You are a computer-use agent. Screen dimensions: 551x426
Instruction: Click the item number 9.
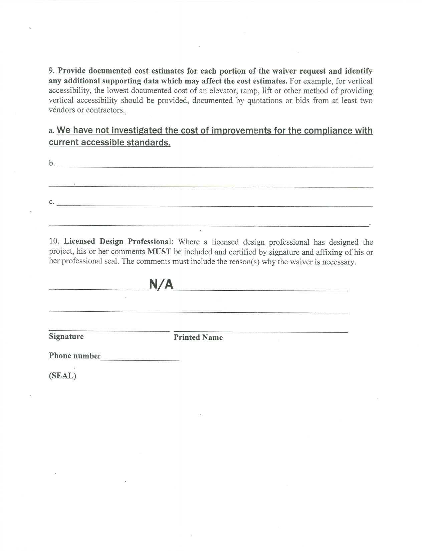tap(51, 71)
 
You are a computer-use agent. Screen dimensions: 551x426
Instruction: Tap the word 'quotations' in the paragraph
tap(264, 100)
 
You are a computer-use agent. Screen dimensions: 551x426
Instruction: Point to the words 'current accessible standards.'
tap(110, 143)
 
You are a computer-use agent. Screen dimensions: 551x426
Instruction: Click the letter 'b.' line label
tap(52, 163)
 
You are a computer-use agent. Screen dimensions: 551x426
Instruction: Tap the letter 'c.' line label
tap(52, 202)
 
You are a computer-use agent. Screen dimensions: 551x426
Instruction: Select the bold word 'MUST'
tap(159, 252)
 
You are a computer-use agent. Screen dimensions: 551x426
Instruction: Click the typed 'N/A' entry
tap(161, 284)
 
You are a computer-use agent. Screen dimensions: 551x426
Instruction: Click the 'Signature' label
tap(66, 336)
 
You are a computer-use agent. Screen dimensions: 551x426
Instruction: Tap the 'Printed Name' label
tap(198, 337)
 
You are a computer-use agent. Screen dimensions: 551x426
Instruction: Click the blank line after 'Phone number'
tap(140, 360)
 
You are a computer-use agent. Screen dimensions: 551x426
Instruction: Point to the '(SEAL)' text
tap(62, 376)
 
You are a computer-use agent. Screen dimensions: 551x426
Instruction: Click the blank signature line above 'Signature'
tap(109, 331)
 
